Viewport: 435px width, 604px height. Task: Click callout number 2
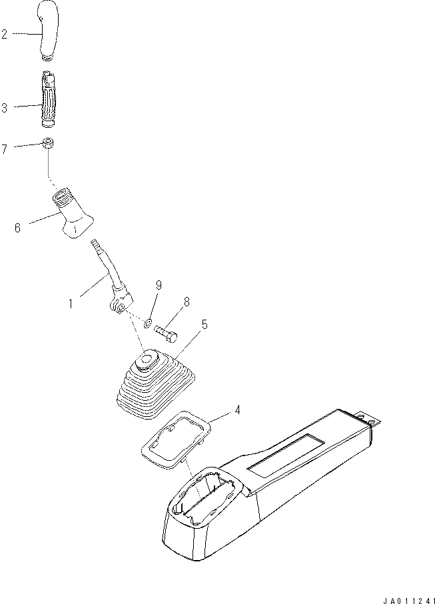click(4, 34)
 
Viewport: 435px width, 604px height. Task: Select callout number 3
click(4, 108)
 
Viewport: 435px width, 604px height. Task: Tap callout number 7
click(4, 149)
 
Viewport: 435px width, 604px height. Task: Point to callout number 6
click(17, 228)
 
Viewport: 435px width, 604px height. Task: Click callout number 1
click(71, 304)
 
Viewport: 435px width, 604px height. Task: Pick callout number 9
click(159, 285)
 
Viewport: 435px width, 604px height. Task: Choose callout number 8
click(187, 302)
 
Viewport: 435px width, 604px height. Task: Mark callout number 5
click(205, 324)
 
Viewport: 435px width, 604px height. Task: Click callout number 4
click(237, 410)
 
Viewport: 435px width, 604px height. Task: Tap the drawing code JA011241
click(408, 601)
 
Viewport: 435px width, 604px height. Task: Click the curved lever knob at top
click(49, 30)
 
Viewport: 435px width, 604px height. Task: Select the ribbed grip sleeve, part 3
click(49, 99)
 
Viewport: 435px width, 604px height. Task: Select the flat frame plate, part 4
click(176, 439)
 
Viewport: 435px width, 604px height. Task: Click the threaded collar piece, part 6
click(73, 213)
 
